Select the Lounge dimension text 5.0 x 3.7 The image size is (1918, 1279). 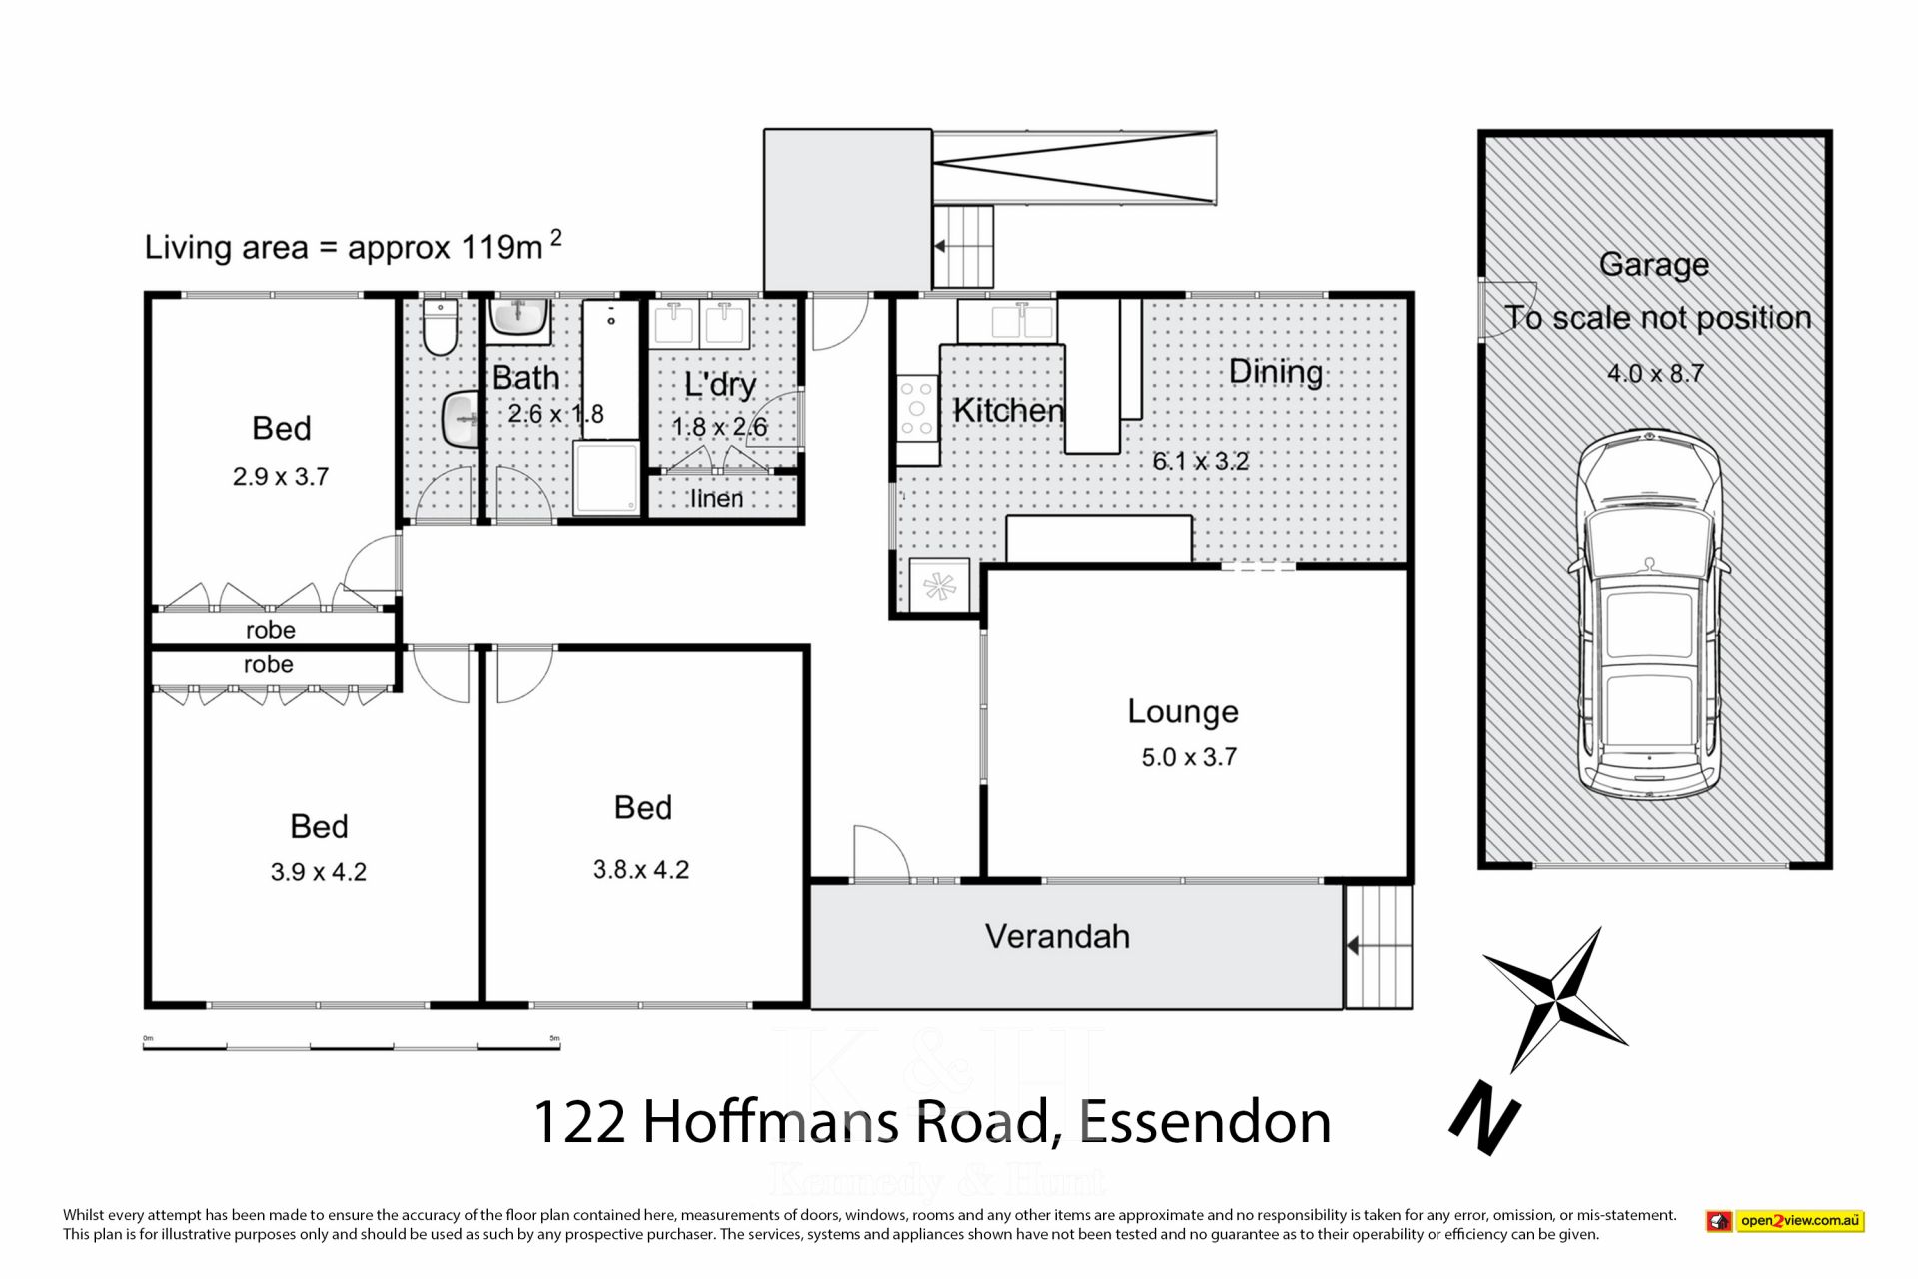click(x=1189, y=757)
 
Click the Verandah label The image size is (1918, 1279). click(x=1057, y=936)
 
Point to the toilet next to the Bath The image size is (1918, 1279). click(x=440, y=327)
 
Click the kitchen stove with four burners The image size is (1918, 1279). click(x=917, y=408)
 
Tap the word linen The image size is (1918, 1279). click(x=717, y=498)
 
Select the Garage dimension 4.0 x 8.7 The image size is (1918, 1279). click(x=1655, y=373)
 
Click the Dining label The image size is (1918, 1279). click(x=1276, y=372)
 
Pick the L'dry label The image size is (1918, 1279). click(x=720, y=385)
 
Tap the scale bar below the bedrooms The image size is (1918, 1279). click(x=352, y=1046)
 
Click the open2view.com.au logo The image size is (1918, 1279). click(x=1785, y=1220)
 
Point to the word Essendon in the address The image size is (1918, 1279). click(x=1205, y=1121)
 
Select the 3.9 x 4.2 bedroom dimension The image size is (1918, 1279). click(x=318, y=872)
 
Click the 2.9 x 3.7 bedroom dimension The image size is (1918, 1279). click(x=281, y=477)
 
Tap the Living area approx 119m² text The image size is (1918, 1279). click(x=354, y=245)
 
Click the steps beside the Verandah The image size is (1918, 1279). click(x=1378, y=945)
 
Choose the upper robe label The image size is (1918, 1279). click(x=271, y=630)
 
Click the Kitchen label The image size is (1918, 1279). click(x=1008, y=410)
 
